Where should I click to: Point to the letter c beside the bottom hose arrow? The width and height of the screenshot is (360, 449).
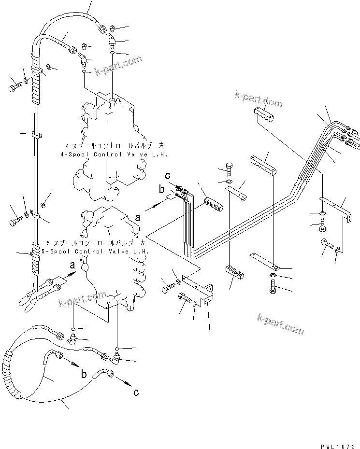[x=136, y=393]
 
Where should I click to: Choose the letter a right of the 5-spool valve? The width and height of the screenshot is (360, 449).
[x=138, y=218]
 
